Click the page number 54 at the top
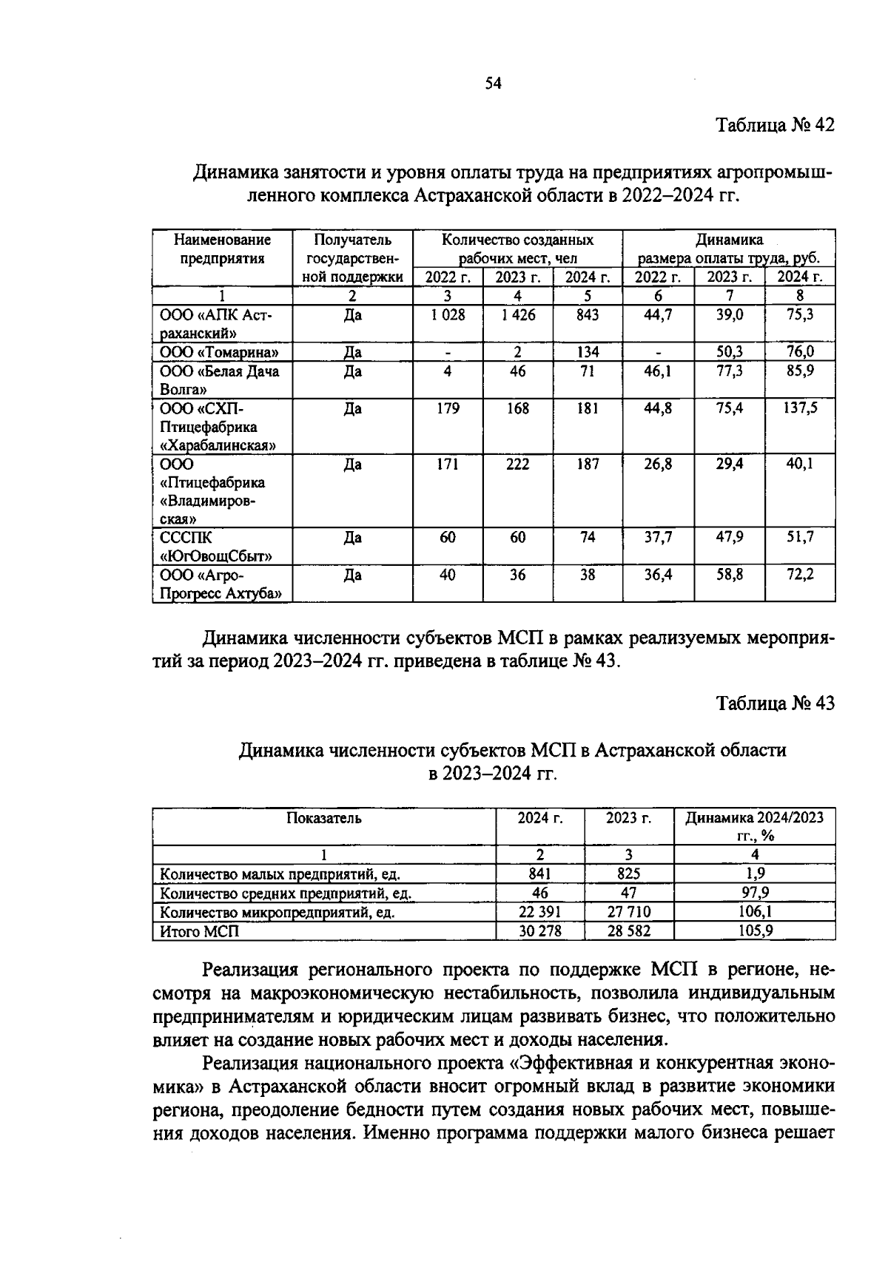click(493, 84)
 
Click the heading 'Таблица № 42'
click(775, 125)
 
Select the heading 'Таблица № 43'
click(775, 703)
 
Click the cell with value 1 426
click(517, 315)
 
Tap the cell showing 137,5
click(800, 408)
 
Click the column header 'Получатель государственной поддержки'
click(352, 258)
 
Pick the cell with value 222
click(517, 465)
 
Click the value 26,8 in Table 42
click(657, 465)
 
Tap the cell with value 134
click(588, 352)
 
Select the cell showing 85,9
click(800, 371)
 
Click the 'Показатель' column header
click(323, 818)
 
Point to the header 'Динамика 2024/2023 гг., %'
click(754, 826)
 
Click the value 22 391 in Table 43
click(539, 912)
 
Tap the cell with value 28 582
click(628, 931)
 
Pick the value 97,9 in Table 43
click(754, 894)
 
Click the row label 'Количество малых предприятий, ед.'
click(280, 874)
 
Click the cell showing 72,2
click(800, 574)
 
